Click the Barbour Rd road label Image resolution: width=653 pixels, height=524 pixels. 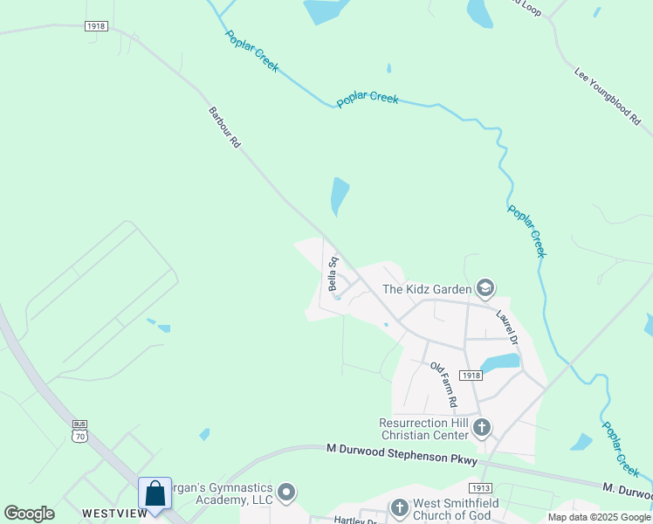pyautogui.click(x=224, y=127)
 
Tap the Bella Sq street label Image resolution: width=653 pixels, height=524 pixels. pyautogui.click(x=333, y=273)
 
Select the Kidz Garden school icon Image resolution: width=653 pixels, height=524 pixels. pyautogui.click(x=485, y=288)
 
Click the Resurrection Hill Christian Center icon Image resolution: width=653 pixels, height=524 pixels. pyautogui.click(x=482, y=428)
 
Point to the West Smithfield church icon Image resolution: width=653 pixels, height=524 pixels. pyautogui.click(x=399, y=507)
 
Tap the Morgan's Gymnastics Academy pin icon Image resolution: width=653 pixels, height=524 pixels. pyautogui.click(x=286, y=493)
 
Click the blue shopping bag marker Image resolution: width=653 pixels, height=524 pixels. pyautogui.click(x=155, y=493)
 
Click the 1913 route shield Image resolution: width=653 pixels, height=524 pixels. pyautogui.click(x=480, y=488)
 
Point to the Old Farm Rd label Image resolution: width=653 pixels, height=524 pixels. pyautogui.click(x=443, y=385)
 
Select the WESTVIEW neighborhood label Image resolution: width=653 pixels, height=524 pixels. pyautogui.click(x=114, y=514)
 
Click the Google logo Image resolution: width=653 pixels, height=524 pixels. pyautogui.click(x=30, y=514)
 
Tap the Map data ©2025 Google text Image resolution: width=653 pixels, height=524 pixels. pyautogui.click(x=599, y=517)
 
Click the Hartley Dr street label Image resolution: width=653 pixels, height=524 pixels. pyautogui.click(x=354, y=520)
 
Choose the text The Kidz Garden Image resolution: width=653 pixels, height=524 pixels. pyautogui.click(x=428, y=289)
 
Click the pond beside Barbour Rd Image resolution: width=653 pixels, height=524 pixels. pyautogui.click(x=339, y=196)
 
